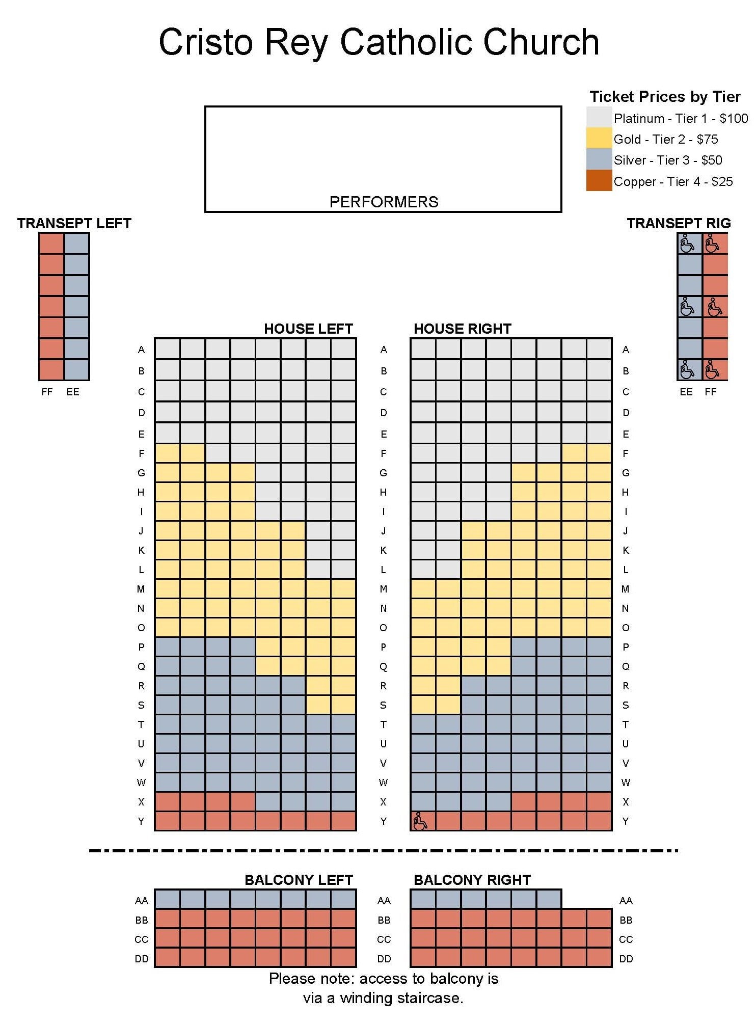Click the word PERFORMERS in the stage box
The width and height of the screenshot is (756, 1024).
[384, 202]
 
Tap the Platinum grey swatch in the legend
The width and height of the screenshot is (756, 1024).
[599, 117]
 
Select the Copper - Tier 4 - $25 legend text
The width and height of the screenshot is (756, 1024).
[672, 181]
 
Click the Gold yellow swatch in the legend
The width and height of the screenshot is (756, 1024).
[599, 138]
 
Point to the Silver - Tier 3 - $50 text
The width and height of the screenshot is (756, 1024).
[667, 160]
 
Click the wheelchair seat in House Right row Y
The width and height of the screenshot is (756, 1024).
[422, 821]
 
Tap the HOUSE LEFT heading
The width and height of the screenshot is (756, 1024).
[308, 329]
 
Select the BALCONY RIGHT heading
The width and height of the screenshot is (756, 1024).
[472, 880]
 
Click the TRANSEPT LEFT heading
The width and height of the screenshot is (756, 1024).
[74, 223]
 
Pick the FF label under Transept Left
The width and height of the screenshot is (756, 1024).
[47, 392]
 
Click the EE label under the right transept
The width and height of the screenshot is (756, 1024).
[686, 392]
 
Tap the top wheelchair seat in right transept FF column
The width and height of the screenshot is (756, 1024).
[714, 244]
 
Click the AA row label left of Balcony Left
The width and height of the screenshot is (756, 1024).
[142, 901]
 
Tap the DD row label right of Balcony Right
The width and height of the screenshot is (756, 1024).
[626, 959]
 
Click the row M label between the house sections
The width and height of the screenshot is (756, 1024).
[384, 589]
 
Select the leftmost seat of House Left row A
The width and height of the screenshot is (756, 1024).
[168, 349]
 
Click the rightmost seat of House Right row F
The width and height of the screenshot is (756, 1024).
[599, 453]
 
